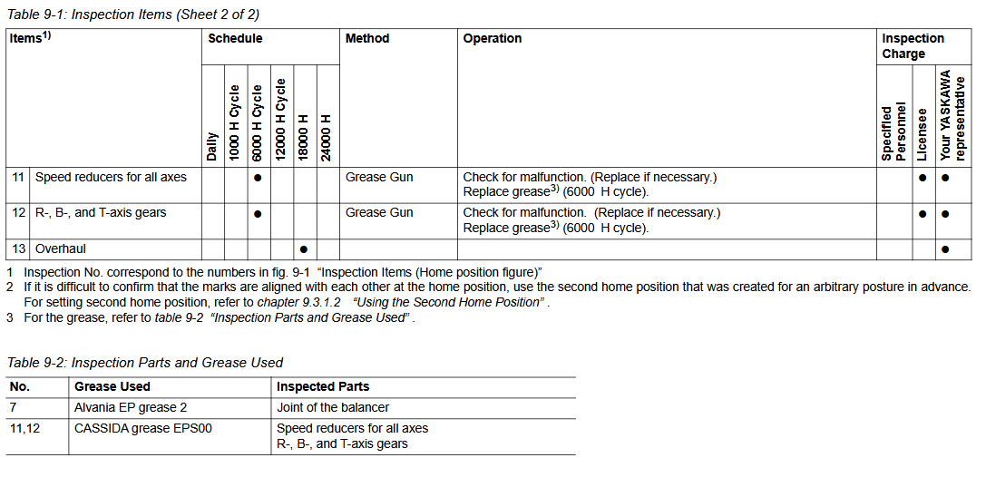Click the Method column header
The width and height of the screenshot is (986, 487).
[366, 39]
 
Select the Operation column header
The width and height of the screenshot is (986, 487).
[492, 39]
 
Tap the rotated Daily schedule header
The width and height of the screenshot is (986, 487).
[212, 146]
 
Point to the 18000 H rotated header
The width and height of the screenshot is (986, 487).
[305, 137]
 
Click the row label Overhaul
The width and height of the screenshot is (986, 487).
[61, 248]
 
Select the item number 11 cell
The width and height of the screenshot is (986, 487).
[18, 178]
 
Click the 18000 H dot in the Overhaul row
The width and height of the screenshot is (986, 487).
[304, 248]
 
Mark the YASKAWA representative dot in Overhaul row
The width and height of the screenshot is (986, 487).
[945, 248]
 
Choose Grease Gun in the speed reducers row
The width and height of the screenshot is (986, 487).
[379, 178]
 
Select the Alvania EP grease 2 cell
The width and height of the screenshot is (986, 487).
[131, 408]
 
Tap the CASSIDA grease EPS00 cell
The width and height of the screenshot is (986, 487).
[143, 428]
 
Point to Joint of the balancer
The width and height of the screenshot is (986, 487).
[333, 408]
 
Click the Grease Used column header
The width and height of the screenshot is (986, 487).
[112, 387]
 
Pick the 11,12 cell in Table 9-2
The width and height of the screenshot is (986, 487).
[25, 428]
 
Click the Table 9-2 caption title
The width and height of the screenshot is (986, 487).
[145, 363]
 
